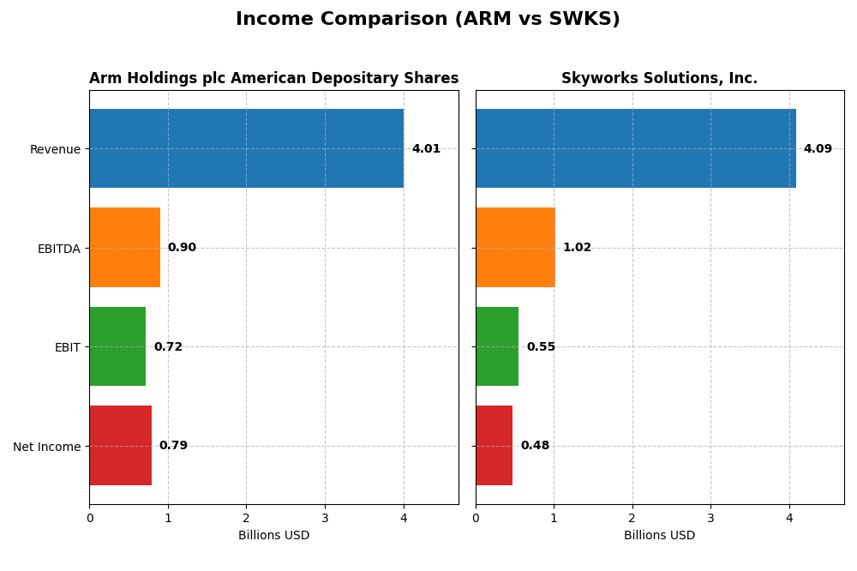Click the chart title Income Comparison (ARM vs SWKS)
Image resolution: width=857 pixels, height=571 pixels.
428,19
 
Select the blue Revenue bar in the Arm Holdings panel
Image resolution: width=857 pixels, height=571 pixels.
246,148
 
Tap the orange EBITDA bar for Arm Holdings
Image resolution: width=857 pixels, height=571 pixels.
124,248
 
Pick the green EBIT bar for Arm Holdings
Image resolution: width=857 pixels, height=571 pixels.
117,346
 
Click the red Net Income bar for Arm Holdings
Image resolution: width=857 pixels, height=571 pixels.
120,446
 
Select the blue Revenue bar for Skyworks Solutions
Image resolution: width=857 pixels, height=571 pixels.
635,148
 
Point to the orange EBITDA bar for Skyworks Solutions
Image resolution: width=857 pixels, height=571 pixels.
515,248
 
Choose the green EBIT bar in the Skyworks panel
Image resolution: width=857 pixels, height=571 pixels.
497,346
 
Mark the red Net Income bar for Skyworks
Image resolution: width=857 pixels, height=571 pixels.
494,446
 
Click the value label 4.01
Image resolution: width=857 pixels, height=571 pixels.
426,149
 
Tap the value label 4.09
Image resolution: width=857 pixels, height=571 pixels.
818,149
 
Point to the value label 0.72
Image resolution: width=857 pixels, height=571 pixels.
168,347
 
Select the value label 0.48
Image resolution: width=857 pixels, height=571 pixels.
535,446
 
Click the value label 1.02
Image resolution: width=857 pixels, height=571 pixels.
577,248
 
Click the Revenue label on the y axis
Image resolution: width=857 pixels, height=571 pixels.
55,150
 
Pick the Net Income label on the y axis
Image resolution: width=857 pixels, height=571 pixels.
46,447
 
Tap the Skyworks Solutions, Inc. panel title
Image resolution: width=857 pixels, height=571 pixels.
659,79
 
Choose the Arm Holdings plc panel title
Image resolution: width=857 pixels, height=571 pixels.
273,79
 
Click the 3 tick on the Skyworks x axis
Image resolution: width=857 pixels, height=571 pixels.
710,518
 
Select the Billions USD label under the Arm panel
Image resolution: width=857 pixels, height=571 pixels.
273,536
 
